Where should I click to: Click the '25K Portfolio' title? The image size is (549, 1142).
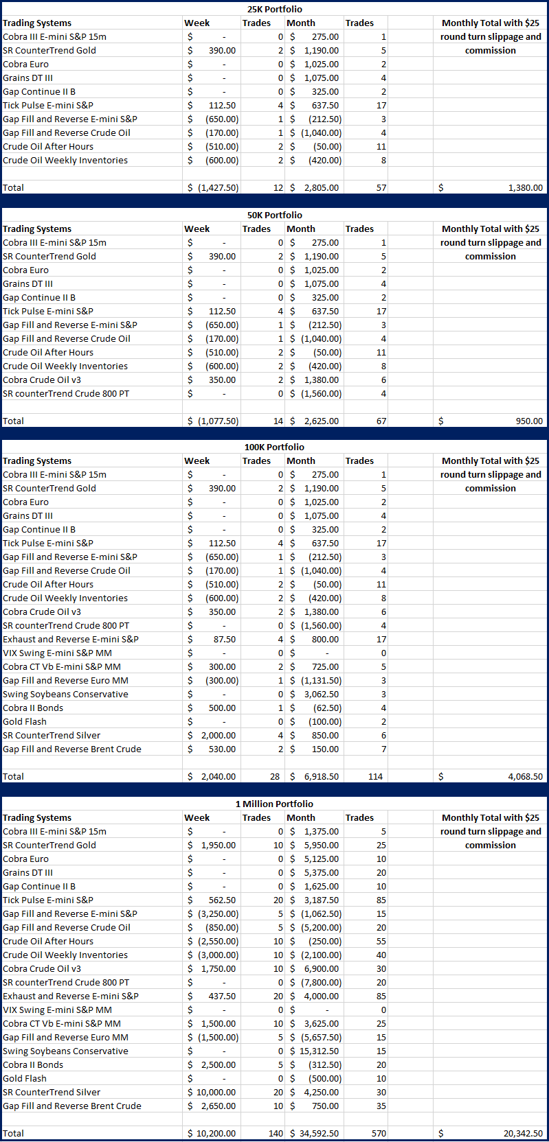274,9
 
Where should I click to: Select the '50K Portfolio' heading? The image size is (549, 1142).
274,215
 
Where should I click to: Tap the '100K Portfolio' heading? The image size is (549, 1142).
274,447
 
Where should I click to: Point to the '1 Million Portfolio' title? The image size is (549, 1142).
274,804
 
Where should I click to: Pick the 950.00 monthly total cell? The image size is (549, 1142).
529,421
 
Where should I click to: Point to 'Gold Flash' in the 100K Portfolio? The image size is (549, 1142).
25,721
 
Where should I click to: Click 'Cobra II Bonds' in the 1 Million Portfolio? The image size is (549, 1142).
33,1064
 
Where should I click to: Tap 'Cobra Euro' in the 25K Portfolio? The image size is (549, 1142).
26,64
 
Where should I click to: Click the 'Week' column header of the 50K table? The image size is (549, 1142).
197,229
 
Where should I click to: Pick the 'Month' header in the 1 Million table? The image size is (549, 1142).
301,817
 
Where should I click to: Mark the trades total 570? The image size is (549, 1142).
379,1133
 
